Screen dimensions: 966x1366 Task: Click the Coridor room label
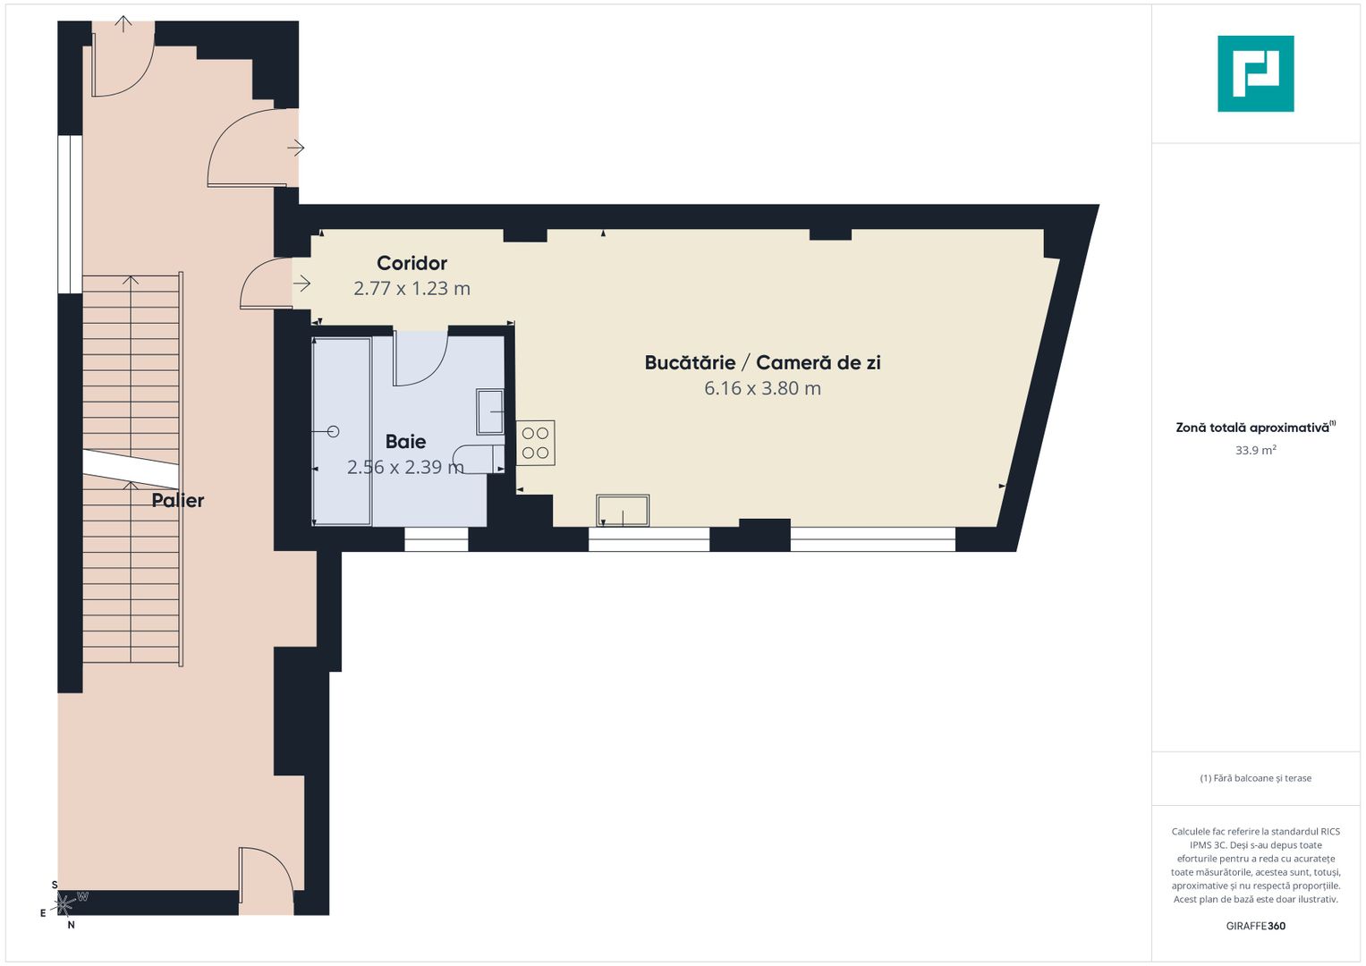[411, 263]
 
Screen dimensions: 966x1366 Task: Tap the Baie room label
[405, 441]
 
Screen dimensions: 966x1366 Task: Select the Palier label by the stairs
[177, 500]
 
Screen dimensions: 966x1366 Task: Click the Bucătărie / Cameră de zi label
[762, 362]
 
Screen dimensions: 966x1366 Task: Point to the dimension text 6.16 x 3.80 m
[762, 388]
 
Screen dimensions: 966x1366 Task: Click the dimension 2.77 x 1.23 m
[411, 288]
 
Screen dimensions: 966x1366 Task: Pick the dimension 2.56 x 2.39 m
[405, 467]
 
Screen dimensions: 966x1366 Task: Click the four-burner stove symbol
[535, 443]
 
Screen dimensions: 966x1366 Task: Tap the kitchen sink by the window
[623, 511]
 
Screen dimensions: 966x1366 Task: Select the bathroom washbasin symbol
[489, 411]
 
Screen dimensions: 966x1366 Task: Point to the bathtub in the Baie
[341, 431]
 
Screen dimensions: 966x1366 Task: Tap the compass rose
[64, 904]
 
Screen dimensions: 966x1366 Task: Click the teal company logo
[1255, 73]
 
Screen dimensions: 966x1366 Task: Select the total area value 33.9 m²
[1255, 450]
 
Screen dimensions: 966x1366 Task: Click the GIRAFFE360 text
[1255, 926]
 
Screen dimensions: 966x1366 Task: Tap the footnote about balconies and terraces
[1255, 778]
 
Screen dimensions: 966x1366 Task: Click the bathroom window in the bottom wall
[436, 539]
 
